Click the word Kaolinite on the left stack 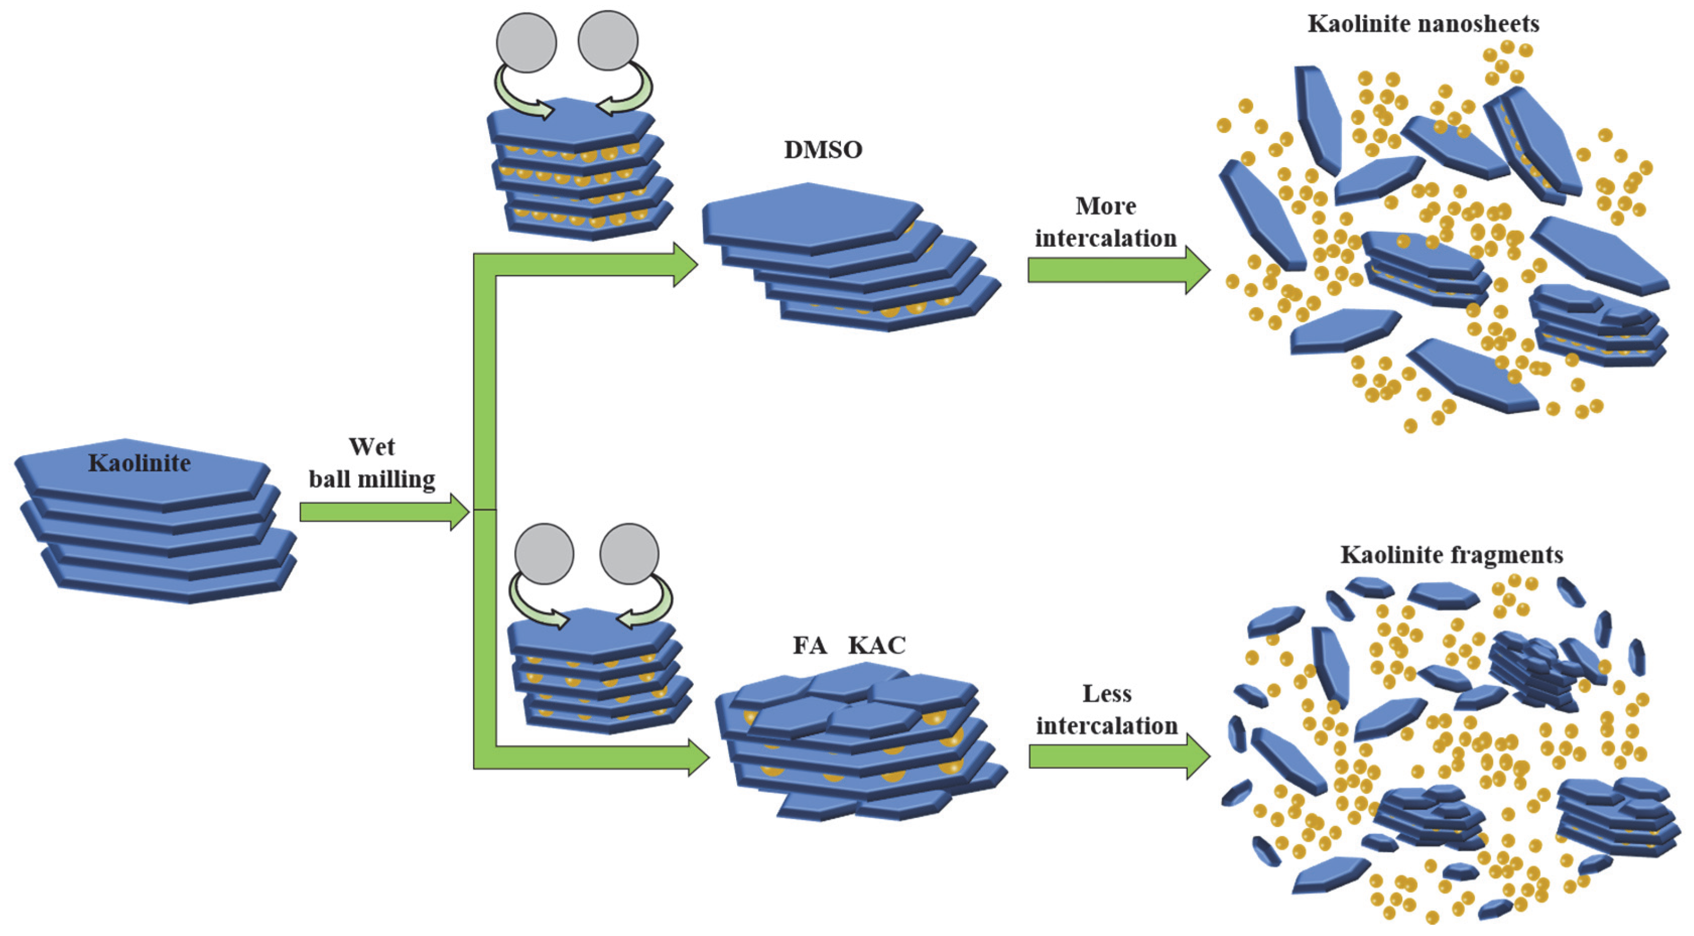[140, 463]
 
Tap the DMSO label [823, 150]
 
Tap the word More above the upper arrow [1105, 206]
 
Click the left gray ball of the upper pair [526, 42]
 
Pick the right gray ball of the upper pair [608, 40]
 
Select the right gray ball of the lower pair [629, 553]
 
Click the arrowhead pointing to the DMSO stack [685, 264]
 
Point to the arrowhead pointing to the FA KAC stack [698, 757]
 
